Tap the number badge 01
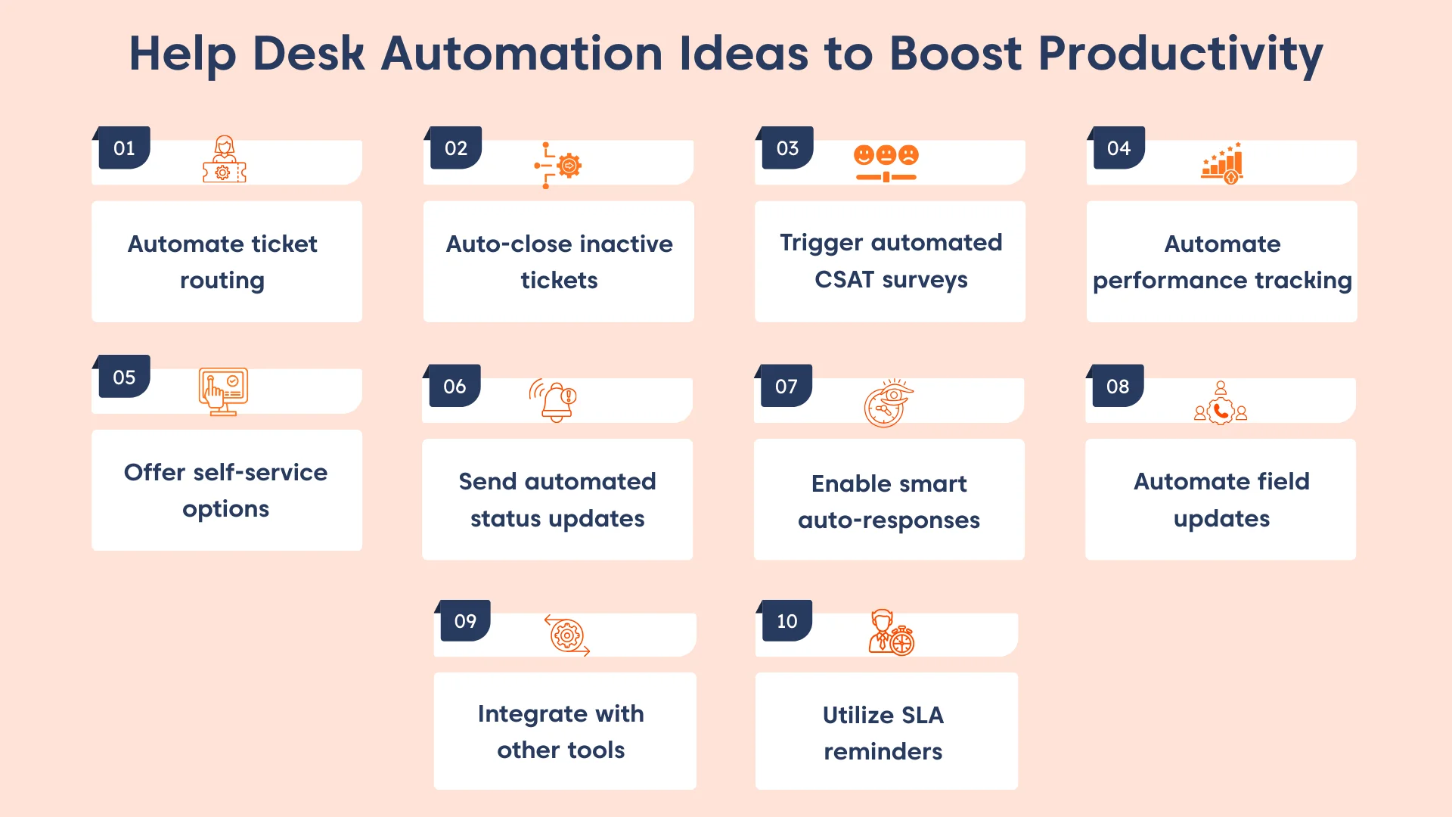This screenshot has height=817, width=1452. tap(124, 148)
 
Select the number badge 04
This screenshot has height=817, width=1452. tap(1118, 148)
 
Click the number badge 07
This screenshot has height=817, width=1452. tap(786, 387)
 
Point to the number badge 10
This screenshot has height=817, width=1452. tap(786, 621)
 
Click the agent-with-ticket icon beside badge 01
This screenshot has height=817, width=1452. tap(224, 160)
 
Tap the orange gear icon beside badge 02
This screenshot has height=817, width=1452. tap(569, 165)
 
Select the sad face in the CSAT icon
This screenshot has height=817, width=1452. tap(908, 155)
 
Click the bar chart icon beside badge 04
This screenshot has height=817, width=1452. tap(1222, 163)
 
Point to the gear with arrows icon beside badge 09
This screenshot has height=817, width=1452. tap(567, 635)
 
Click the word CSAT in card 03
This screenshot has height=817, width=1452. tap(844, 280)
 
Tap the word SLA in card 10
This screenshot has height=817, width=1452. tap(922, 715)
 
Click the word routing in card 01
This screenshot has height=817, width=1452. tap(222, 281)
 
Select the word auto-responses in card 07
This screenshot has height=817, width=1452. tap(889, 520)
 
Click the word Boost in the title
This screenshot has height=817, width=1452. tap(956, 54)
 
